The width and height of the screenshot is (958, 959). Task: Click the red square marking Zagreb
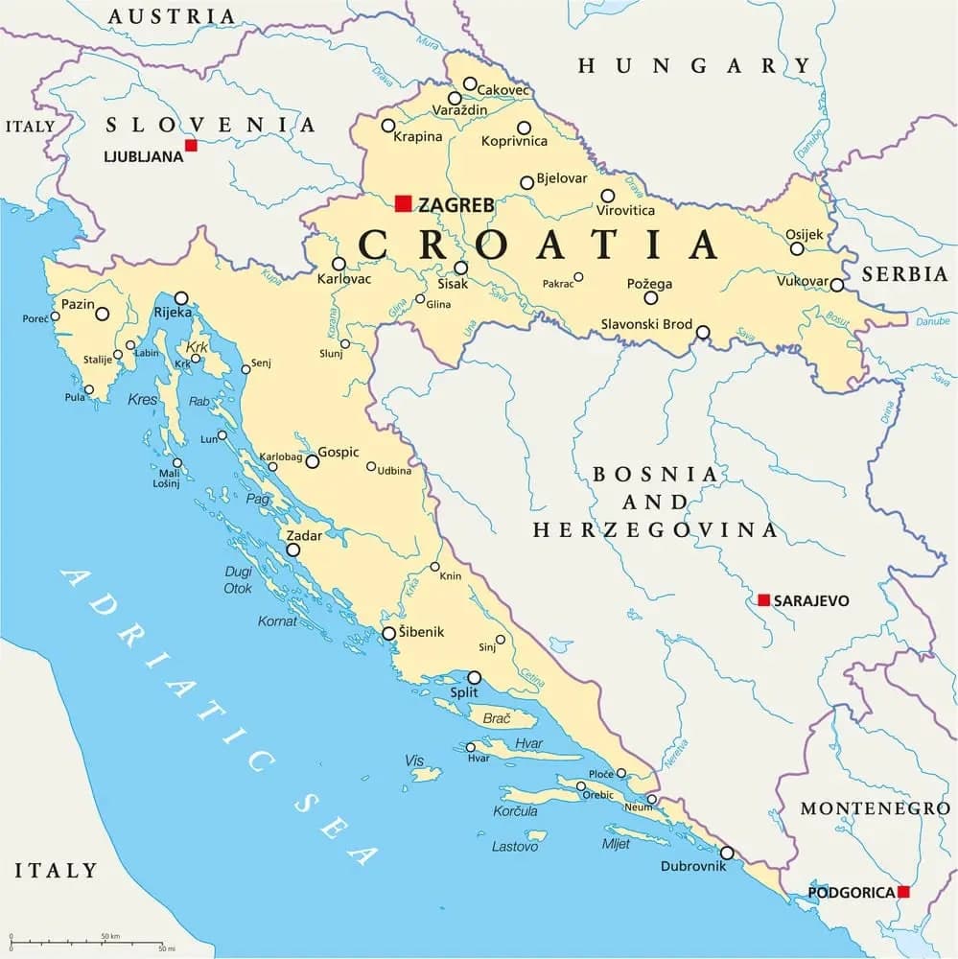tap(403, 203)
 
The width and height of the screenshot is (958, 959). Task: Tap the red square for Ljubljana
tap(191, 145)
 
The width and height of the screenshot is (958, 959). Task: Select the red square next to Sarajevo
tap(763, 600)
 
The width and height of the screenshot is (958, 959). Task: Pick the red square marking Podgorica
tap(902, 892)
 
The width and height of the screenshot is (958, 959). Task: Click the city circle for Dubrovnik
tap(727, 853)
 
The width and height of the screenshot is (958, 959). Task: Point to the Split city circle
tap(474, 677)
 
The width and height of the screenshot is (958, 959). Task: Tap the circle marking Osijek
tap(797, 248)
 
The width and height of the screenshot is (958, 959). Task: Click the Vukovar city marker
tap(836, 285)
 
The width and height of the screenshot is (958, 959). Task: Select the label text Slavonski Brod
tap(645, 324)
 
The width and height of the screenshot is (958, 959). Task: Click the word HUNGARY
tap(694, 65)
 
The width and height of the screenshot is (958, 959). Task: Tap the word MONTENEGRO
tap(875, 808)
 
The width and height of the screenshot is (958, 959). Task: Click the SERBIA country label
tap(904, 273)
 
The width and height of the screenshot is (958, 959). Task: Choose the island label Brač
tap(497, 717)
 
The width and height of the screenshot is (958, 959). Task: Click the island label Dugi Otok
tap(238, 579)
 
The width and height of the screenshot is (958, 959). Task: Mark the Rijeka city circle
tap(180, 297)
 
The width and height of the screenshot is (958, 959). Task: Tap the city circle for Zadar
tap(292, 550)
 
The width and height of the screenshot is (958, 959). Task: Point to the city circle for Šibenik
tap(388, 633)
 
